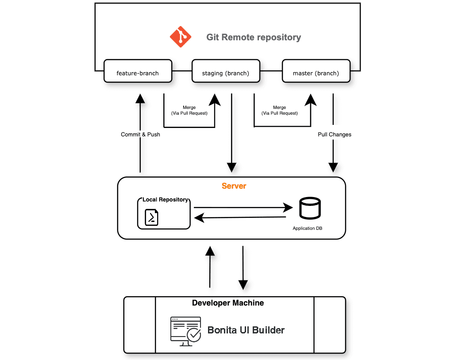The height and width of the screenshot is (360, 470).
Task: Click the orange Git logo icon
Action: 181,37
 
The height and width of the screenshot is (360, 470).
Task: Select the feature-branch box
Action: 138,71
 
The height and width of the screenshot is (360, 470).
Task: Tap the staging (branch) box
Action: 226,71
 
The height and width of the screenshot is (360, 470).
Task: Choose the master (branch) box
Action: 316,71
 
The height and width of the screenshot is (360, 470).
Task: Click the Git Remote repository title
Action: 254,37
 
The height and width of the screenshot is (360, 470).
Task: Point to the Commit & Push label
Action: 140,135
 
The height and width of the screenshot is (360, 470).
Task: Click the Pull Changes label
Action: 335,135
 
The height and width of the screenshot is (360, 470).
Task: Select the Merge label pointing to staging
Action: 189,110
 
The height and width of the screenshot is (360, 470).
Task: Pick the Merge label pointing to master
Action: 279,110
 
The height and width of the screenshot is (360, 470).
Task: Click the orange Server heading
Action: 234,186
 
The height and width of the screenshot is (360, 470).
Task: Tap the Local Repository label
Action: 165,200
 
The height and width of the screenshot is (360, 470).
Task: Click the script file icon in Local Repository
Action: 152,217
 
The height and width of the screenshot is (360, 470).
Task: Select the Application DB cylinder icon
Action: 310,208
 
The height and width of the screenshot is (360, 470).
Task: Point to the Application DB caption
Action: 308,228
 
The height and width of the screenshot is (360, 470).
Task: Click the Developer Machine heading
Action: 228,303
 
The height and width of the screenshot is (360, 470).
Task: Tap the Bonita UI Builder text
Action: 246,330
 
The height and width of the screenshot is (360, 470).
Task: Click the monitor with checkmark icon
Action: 185,331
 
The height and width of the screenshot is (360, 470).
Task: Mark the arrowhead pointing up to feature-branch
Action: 140,98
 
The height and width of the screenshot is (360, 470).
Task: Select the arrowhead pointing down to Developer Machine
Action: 243,285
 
